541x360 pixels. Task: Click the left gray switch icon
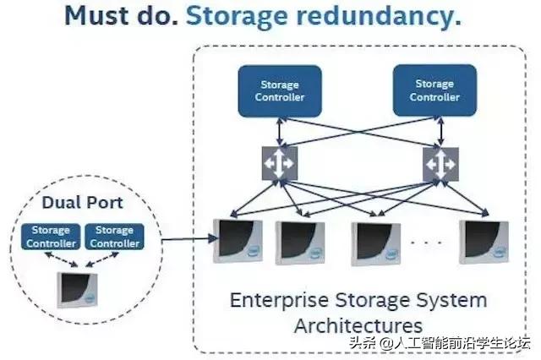[277, 163]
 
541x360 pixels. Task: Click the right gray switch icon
[440, 163]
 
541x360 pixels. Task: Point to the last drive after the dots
[486, 243]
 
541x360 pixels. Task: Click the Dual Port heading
[83, 204]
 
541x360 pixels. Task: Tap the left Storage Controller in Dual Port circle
[51, 236]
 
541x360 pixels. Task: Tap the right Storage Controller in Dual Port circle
[113, 236]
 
